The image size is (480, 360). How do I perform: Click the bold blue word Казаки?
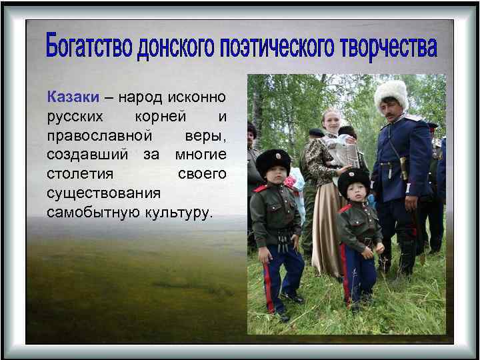click(73, 97)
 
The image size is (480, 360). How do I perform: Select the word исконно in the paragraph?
click(197, 97)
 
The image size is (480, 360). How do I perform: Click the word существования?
click(103, 193)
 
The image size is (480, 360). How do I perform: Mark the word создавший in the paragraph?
click(89, 155)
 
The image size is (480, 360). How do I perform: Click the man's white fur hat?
click(391, 91)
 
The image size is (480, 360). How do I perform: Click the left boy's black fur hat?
click(273, 161)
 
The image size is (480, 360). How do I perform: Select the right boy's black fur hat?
click(353, 178)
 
